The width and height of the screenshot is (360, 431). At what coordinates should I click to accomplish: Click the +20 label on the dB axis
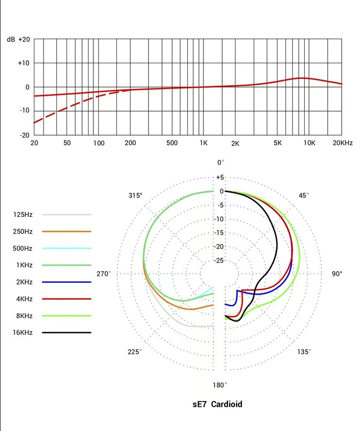(24, 39)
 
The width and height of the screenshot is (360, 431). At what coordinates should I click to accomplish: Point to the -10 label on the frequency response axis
(24, 111)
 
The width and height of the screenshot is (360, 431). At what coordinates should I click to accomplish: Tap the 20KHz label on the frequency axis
(342, 143)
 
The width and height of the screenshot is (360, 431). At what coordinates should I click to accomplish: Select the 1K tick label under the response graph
(203, 143)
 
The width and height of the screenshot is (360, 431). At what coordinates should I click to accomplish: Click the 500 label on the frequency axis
(172, 143)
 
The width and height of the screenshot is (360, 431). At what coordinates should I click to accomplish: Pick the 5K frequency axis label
(277, 143)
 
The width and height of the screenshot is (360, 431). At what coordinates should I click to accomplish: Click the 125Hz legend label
(23, 215)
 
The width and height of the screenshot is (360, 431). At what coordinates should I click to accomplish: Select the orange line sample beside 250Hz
(67, 231)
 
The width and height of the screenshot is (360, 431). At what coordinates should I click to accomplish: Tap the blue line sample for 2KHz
(67, 282)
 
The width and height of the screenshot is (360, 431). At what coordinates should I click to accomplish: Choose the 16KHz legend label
(23, 333)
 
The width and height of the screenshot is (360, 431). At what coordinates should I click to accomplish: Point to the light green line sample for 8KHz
(67, 316)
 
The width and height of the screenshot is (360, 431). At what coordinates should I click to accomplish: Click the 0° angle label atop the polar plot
(221, 162)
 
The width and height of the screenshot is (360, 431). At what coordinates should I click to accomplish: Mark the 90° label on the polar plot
(336, 274)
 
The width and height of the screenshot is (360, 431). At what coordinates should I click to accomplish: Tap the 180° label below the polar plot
(219, 385)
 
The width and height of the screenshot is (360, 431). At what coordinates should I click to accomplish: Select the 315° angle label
(136, 195)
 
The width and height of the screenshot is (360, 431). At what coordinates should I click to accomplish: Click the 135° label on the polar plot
(304, 352)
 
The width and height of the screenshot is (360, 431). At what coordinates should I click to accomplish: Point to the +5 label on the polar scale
(221, 177)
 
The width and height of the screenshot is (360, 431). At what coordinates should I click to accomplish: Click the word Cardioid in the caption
(226, 404)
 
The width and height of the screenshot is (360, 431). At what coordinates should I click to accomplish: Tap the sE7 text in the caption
(200, 404)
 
